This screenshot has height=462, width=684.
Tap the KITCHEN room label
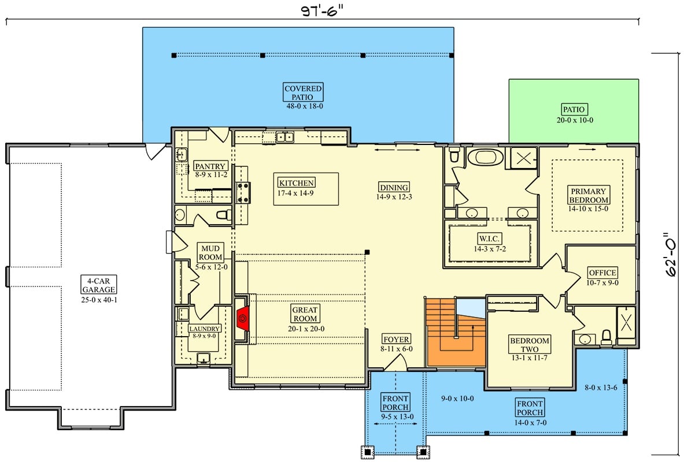(x=296, y=182)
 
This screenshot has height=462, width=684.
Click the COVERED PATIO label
(x=303, y=93)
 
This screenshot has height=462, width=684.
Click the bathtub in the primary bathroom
(x=485, y=157)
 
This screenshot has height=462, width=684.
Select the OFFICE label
(x=602, y=273)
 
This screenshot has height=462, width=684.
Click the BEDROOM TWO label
(x=530, y=345)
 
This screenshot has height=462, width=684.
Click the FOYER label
(x=396, y=340)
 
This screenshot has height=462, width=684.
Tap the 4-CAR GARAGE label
(x=98, y=285)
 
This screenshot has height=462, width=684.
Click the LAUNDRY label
(x=205, y=329)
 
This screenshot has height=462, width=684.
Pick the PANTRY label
(x=209, y=167)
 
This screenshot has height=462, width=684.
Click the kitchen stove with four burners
(x=242, y=192)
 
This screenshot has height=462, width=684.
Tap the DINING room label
(x=394, y=187)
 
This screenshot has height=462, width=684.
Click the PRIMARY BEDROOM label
(x=588, y=196)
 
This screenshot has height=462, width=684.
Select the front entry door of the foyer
(x=396, y=363)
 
